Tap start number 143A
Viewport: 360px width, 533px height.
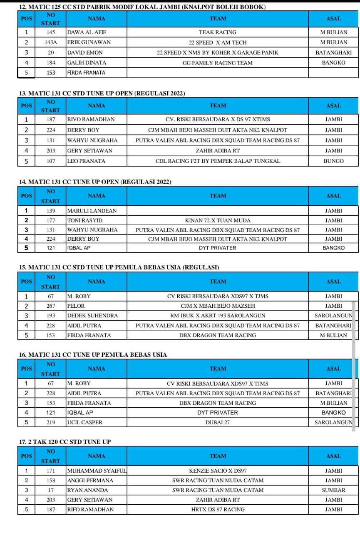click(x=51, y=42)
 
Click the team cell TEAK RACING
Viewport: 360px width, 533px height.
click(x=217, y=32)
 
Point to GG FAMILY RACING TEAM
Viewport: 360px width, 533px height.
click(x=217, y=63)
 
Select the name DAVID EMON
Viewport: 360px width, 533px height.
click(x=85, y=52)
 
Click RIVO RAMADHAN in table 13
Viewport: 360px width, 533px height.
click(x=91, y=120)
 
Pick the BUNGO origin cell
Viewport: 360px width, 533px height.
click(x=333, y=161)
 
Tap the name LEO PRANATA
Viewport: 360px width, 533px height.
click(x=86, y=161)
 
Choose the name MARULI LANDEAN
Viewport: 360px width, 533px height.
click(x=92, y=211)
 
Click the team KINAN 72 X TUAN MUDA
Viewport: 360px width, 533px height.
click(x=217, y=220)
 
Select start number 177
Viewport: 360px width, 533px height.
click(x=51, y=220)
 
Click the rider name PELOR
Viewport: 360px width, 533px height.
click(x=76, y=306)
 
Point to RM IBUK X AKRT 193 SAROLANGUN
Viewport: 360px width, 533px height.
click(x=217, y=316)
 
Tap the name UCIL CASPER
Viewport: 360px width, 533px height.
click(x=84, y=422)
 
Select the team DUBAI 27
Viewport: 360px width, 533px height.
click(x=217, y=422)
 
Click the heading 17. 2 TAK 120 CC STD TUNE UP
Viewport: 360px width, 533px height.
click(x=65, y=441)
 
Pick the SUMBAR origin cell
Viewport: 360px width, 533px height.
click(x=333, y=490)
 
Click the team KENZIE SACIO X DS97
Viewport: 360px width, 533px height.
click(x=217, y=471)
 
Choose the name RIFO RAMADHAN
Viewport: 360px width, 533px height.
click(x=90, y=509)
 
